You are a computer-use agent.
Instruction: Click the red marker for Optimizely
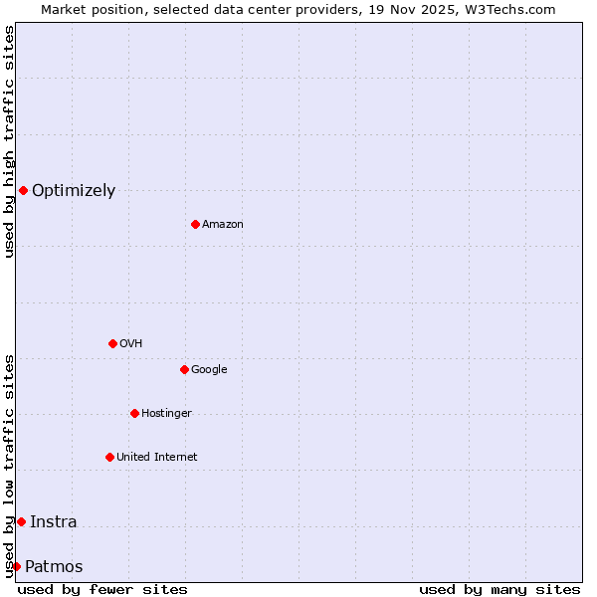pos(23,190)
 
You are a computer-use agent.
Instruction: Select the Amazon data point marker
pos(195,224)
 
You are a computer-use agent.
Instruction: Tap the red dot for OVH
pos(112,343)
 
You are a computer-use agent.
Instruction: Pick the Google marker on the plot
pos(184,369)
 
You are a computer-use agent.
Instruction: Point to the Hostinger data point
pos(134,413)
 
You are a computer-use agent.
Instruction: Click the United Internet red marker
pos(109,457)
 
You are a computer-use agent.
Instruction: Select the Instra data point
pos(21,521)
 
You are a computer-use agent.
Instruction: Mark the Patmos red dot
pos(16,566)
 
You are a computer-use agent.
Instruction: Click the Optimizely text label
pos(74,191)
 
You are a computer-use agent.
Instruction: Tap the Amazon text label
pos(223,225)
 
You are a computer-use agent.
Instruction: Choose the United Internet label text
pos(157,458)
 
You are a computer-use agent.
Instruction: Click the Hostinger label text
pos(166,414)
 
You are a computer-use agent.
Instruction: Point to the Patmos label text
pos(54,567)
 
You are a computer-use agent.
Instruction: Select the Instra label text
pos(54,522)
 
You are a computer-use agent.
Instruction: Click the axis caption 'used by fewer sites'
pos(102,589)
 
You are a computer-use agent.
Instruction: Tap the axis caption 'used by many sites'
pos(499,589)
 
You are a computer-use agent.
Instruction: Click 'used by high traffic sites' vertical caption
pos(9,141)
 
